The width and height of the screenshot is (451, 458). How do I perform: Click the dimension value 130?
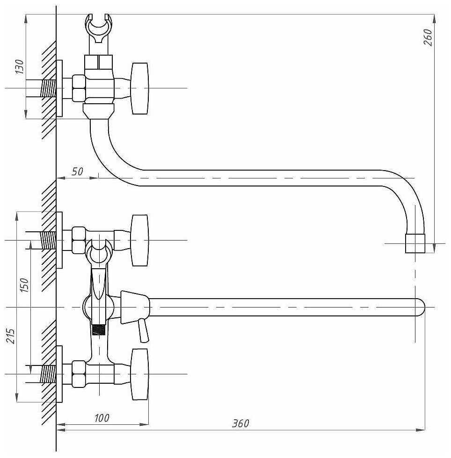(19, 66)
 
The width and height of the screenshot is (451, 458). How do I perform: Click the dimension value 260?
(428, 37)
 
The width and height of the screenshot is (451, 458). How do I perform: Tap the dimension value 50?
(77, 172)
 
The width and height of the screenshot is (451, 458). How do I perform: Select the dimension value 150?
(25, 285)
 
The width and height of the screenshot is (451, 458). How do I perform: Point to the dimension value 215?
(11, 336)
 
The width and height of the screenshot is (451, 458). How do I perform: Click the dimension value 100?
(102, 418)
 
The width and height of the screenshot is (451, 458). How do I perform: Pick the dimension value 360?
(240, 423)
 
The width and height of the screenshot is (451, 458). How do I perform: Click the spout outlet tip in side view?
(415, 243)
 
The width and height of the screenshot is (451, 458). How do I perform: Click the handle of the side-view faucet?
(140, 88)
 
